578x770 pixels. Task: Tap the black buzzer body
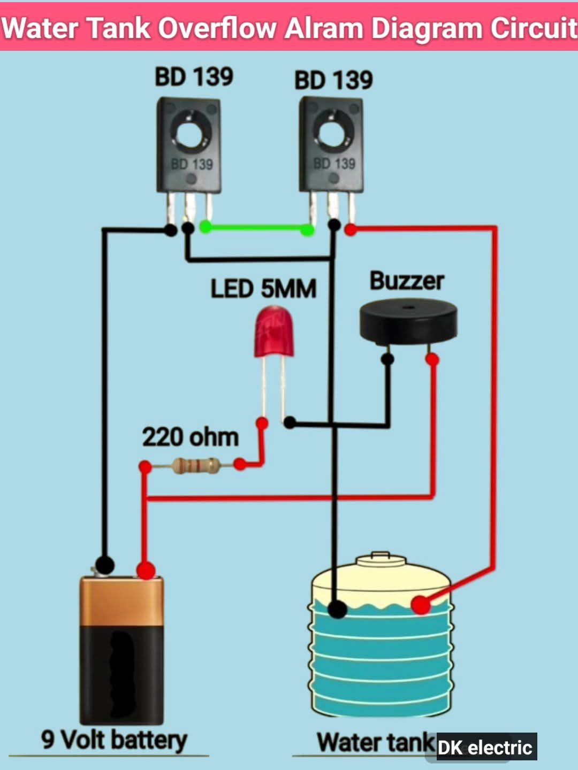408,322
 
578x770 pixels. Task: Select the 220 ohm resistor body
196,465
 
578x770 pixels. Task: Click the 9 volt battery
121,650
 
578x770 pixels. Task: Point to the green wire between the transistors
256,228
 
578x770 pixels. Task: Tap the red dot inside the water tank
421,605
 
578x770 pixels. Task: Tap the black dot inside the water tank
337,609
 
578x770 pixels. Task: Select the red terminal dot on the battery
146,569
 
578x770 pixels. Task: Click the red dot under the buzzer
432,359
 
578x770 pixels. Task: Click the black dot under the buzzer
387,359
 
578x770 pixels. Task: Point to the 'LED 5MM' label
263,289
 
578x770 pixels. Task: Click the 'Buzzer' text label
407,281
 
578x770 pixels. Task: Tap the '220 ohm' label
190,437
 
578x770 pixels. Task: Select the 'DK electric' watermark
485,747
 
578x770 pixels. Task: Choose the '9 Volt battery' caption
114,740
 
